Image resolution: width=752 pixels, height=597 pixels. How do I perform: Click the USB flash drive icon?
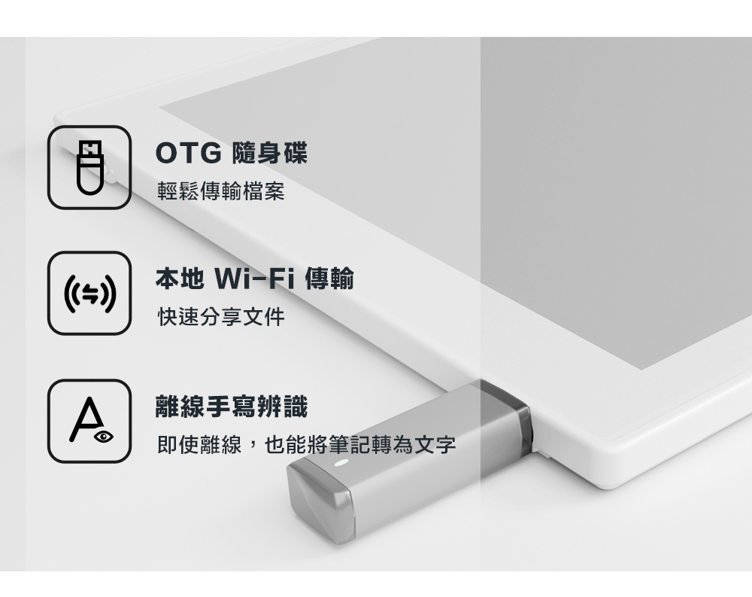[89, 166]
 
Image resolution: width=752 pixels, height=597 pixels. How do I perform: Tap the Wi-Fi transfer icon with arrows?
[89, 293]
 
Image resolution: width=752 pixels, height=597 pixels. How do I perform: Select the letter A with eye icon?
[89, 421]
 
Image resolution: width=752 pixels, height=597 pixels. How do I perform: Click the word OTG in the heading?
[188, 154]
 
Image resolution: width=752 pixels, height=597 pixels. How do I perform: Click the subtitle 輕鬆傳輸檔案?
[221, 191]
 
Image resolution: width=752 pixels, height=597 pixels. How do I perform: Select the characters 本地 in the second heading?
[179, 280]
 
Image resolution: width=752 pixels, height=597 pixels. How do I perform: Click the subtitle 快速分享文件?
[221, 317]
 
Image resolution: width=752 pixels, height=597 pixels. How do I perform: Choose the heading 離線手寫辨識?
[231, 407]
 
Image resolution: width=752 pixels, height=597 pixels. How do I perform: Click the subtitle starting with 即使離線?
[306, 444]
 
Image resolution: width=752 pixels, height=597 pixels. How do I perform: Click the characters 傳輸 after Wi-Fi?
[329, 280]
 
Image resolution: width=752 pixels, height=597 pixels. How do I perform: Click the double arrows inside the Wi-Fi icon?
[89, 293]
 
